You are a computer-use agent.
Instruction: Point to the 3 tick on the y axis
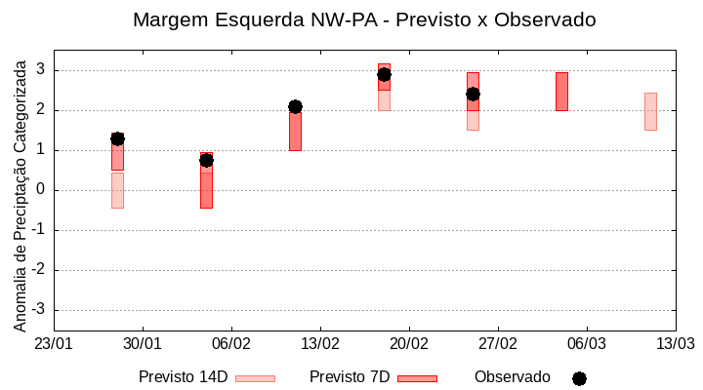coord(42,70)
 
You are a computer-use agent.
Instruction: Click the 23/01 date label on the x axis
coord(54,344)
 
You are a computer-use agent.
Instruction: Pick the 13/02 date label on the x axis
coord(320,344)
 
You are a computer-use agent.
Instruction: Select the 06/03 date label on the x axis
coord(587,344)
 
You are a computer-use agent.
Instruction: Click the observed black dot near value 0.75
coord(206,160)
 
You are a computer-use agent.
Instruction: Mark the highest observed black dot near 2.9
coord(384,74)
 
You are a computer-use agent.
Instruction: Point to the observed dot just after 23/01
coord(117,138)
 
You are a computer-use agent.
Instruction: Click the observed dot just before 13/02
coord(295,106)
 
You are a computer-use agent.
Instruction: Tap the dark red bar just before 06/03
coord(561,91)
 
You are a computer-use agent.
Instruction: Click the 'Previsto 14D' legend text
coord(183,377)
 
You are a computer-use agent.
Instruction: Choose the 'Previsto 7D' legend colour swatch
coord(418,378)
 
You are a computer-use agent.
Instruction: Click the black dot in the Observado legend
coord(579,378)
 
